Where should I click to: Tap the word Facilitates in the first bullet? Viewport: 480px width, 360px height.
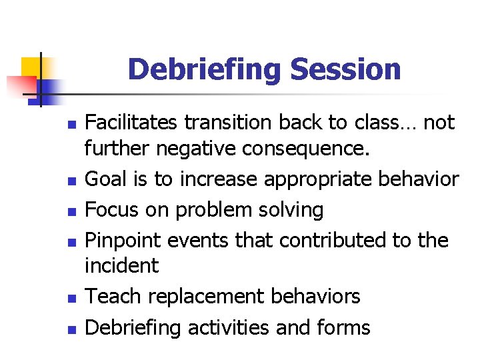click(x=132, y=123)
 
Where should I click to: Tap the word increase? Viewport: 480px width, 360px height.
click(x=221, y=179)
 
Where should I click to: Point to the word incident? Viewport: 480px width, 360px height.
click(x=121, y=266)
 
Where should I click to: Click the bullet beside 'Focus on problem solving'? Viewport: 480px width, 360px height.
click(x=73, y=211)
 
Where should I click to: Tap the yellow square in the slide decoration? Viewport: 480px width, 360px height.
click(x=31, y=67)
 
